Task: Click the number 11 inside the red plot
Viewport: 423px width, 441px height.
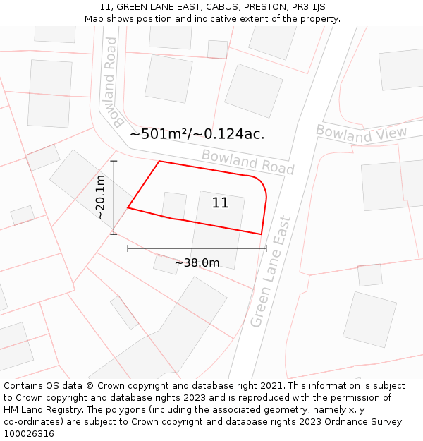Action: coord(220,203)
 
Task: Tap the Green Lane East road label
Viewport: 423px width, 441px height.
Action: coord(271,271)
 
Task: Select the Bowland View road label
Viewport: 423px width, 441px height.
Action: coord(361,133)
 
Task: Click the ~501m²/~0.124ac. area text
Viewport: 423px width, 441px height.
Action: coord(197,134)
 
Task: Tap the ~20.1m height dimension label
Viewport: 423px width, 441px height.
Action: coord(100,198)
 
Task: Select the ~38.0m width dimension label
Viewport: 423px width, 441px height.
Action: coord(197,263)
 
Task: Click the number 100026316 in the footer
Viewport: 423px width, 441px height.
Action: coord(30,434)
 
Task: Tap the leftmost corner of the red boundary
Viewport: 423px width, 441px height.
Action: coord(128,207)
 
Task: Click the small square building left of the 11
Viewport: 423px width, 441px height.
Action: coord(174,205)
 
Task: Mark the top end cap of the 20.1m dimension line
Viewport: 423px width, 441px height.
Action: coord(114,162)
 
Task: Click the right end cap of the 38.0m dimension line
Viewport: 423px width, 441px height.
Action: coord(266,248)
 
